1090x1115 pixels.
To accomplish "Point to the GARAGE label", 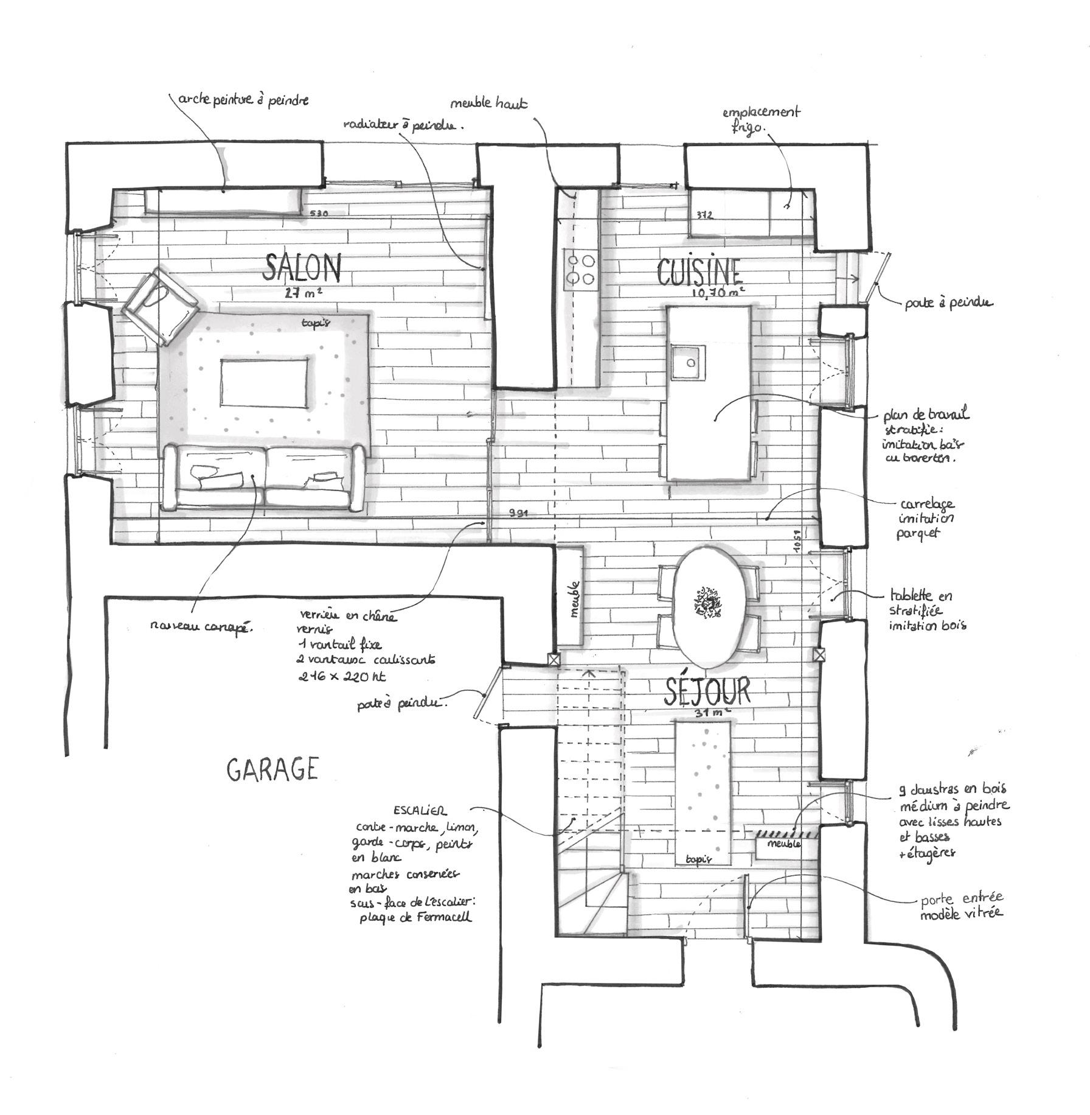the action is tap(272, 770).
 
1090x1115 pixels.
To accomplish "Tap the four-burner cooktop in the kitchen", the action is tap(580, 268).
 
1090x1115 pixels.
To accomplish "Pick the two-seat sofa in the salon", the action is tap(263, 477).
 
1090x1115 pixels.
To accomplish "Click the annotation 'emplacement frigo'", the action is tap(760, 120).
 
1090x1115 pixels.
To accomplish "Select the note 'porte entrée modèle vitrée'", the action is tap(961, 906).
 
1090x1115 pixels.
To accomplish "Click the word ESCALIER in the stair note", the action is tap(420, 811).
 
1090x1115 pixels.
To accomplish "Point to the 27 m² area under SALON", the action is tap(303, 292).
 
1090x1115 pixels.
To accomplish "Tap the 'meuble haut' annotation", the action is tap(488, 103).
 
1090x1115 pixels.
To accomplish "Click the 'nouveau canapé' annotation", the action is tap(201, 626).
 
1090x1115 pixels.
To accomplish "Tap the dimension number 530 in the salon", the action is tap(319, 214).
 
